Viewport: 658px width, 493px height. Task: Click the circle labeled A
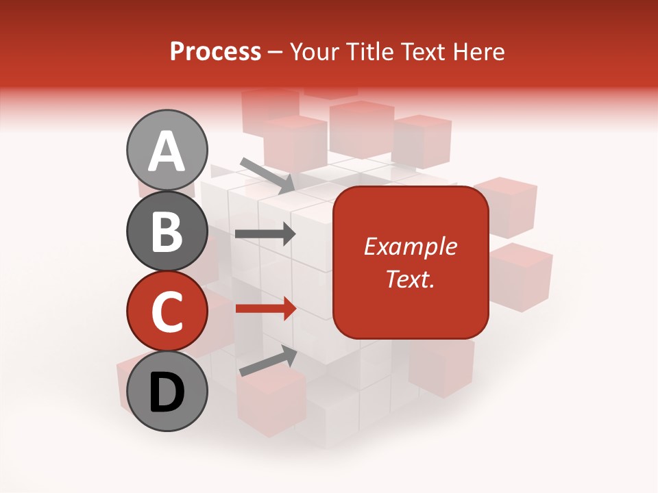pos(167,150)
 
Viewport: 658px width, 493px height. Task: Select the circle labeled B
pos(167,231)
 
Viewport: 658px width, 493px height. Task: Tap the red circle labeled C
pos(167,311)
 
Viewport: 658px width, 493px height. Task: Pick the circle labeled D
pos(167,391)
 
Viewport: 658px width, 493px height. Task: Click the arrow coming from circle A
pos(267,174)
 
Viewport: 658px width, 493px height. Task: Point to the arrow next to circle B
pos(265,233)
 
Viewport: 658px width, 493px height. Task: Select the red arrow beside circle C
pos(265,308)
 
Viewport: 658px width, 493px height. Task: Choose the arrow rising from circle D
pos(267,361)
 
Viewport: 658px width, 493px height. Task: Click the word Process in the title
pos(215,51)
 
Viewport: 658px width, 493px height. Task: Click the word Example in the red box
pos(411,246)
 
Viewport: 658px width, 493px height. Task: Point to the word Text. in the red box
pos(411,279)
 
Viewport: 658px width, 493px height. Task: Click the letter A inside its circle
pos(167,151)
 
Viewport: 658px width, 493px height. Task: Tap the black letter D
pos(167,392)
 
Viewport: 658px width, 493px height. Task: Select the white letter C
pos(167,312)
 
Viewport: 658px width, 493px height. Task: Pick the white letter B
pos(167,231)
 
